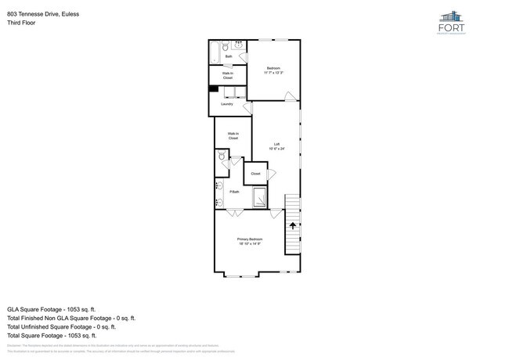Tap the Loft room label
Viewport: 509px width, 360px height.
click(276, 145)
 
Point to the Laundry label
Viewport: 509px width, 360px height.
click(227, 104)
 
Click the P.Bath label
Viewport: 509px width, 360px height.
click(234, 192)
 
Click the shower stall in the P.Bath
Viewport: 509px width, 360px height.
click(259, 197)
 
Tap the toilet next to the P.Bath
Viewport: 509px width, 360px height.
click(222, 157)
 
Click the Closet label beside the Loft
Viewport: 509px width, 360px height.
click(256, 174)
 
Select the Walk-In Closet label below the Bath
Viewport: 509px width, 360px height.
click(228, 77)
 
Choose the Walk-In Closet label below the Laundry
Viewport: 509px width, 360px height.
click(233, 136)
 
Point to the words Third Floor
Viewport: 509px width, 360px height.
click(21, 23)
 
